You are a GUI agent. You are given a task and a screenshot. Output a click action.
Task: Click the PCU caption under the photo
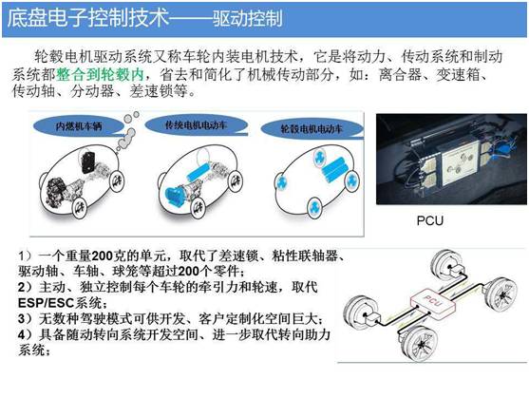(429, 219)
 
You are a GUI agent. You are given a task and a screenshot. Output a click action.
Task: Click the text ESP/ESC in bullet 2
(47, 302)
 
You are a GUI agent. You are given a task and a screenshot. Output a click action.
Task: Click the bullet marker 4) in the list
(26, 335)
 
